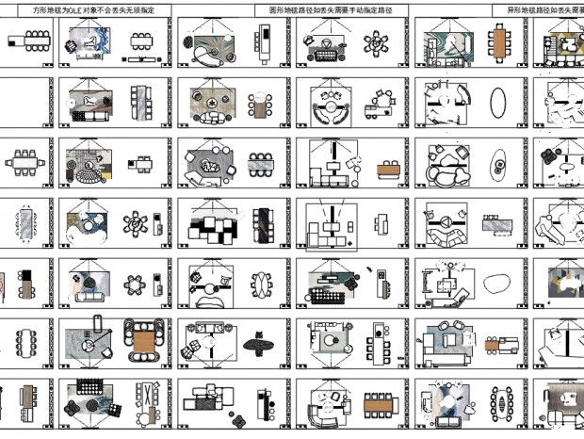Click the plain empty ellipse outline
pyautogui.click(x=497, y=101)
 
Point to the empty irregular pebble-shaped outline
pyautogui.click(x=496, y=280)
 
